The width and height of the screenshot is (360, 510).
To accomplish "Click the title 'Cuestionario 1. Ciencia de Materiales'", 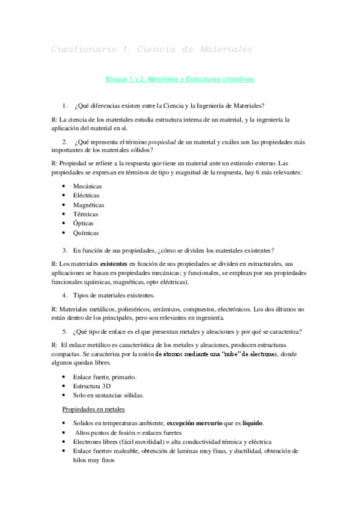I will point(151,48).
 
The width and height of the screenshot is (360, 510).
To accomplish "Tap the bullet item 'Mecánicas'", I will point(87,186).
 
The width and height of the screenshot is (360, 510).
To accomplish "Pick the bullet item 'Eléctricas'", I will point(87,195).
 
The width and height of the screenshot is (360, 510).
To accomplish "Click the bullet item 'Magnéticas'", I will point(88,205).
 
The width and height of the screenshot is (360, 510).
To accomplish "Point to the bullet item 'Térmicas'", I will point(85,214).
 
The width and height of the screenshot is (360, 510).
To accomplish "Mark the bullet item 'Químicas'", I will point(86,233).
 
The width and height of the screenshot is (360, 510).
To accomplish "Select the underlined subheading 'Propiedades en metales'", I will point(94,409).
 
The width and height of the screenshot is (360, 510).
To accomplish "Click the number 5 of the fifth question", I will point(64,331).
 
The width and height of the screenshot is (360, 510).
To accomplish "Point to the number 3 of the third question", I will point(64,250).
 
